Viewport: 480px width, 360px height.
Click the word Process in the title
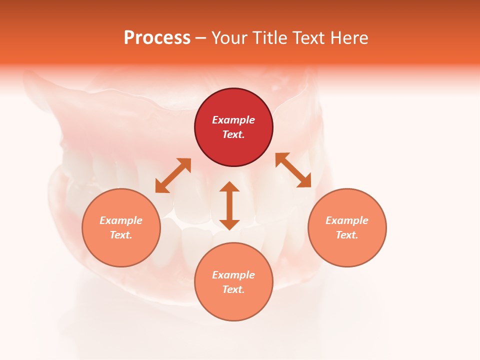157,38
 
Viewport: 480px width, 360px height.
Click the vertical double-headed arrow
229,205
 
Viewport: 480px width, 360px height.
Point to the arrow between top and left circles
173,175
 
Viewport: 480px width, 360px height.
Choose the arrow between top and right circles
293,170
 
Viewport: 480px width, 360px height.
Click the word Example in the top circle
233,120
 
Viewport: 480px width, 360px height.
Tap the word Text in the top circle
233,134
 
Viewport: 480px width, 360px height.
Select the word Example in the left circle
121,220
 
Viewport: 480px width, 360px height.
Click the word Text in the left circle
121,235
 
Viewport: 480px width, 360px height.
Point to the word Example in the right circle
347,220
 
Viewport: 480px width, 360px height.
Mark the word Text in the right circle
347,235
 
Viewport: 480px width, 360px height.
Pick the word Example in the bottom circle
233,275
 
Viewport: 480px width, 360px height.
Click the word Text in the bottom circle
233,289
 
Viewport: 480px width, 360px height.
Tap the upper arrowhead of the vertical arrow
229,187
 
